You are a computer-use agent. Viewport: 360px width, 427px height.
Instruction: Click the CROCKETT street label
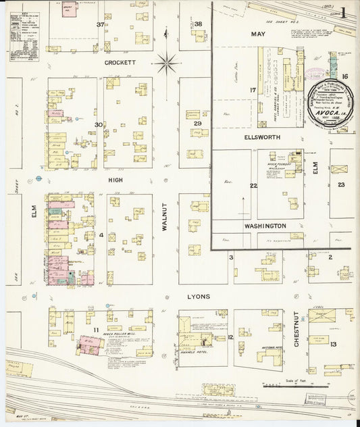tap(120, 62)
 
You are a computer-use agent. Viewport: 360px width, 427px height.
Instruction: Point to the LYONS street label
tap(199, 297)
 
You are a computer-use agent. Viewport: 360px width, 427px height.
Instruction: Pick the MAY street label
tap(258, 33)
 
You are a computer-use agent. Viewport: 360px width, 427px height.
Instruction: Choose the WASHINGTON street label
tap(265, 225)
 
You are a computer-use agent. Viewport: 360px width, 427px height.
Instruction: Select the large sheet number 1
tap(344, 12)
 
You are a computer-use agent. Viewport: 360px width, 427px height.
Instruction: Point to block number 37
tap(101, 25)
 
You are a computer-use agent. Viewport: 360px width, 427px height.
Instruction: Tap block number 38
tap(199, 24)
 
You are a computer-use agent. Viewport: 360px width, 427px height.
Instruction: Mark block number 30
tap(98, 124)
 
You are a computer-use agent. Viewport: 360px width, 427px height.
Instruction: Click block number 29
tap(198, 124)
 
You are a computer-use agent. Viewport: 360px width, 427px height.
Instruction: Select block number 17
tap(253, 90)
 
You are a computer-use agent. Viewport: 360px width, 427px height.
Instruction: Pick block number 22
tap(253, 186)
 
